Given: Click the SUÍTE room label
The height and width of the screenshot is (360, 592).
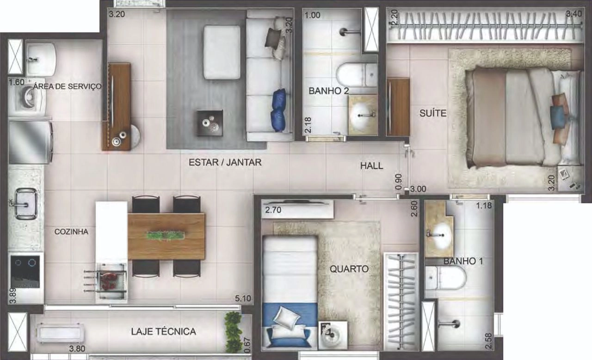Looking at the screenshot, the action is click(x=433, y=113).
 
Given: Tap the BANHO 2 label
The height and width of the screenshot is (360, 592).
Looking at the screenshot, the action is click(x=329, y=91).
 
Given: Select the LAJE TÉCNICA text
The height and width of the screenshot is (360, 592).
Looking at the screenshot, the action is click(x=164, y=331).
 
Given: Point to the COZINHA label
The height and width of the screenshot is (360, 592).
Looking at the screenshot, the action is click(x=71, y=232).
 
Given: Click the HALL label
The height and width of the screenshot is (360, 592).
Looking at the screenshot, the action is click(x=371, y=165).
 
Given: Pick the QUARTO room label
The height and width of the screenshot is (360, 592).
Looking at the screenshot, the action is click(x=349, y=269).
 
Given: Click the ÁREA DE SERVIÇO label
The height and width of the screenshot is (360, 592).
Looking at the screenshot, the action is click(x=68, y=86).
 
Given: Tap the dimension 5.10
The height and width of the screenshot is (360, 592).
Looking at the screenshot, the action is click(x=243, y=299).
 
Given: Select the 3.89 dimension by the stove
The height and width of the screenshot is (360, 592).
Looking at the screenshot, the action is click(x=12, y=296).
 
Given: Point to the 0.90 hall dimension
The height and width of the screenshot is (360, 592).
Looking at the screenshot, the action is click(x=399, y=182).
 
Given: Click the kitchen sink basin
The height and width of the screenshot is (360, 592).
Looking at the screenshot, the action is click(x=25, y=204).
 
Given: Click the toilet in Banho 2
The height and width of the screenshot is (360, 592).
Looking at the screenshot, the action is click(x=357, y=75).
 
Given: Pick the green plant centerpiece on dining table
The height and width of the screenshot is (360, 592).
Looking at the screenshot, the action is click(x=166, y=236).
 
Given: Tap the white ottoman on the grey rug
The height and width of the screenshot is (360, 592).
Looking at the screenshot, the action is click(x=222, y=52).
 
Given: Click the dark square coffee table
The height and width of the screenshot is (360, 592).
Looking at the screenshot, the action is click(x=210, y=123).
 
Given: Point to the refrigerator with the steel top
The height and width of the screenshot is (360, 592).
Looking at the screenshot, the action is click(x=30, y=142).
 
